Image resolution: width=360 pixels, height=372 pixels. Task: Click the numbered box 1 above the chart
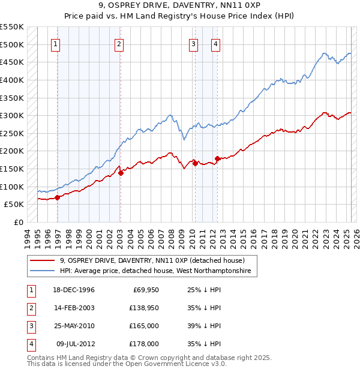click(x=56, y=43)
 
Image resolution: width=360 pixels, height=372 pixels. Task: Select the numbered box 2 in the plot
click(x=119, y=43)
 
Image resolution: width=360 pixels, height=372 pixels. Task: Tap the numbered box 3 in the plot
click(x=194, y=43)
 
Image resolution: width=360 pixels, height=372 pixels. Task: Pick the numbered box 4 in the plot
click(x=215, y=43)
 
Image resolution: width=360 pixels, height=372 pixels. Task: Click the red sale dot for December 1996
click(x=58, y=197)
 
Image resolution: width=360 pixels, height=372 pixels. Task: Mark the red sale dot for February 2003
click(x=121, y=173)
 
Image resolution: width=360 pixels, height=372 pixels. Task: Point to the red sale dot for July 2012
click(x=217, y=158)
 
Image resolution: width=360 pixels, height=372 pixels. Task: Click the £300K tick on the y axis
click(x=12, y=115)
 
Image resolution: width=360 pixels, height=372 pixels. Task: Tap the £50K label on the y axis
click(x=14, y=205)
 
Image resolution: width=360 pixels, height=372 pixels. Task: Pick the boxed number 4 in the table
click(x=31, y=344)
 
